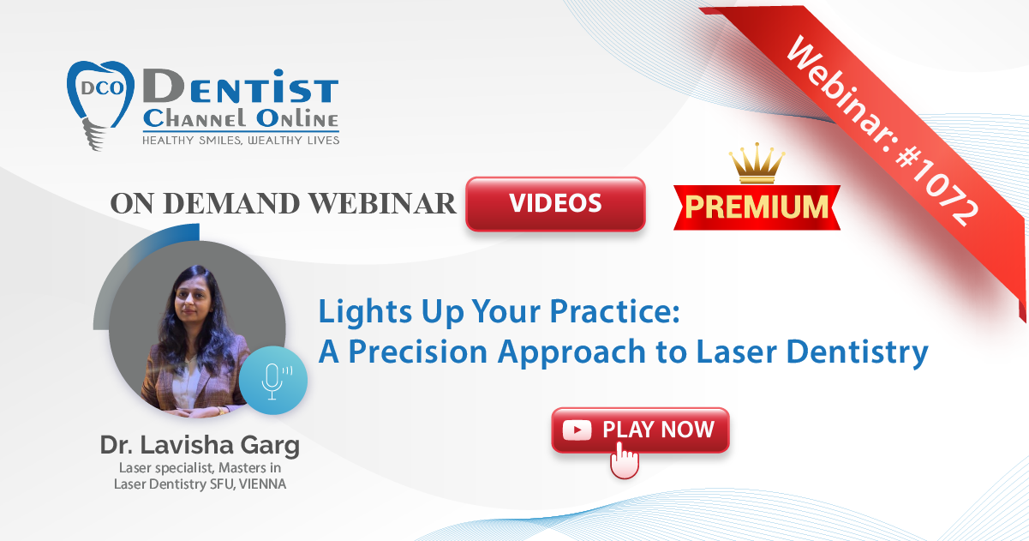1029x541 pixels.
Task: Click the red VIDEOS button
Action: pyautogui.click(x=555, y=203)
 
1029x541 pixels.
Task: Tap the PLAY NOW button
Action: pyautogui.click(x=640, y=430)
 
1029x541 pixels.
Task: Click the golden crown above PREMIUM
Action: pyautogui.click(x=757, y=163)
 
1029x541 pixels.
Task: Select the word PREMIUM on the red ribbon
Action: pyautogui.click(x=757, y=207)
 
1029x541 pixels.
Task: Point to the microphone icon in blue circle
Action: pyautogui.click(x=273, y=381)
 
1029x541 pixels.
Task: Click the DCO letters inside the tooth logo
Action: pyautogui.click(x=103, y=87)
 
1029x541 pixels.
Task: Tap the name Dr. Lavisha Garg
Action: pyautogui.click(x=200, y=445)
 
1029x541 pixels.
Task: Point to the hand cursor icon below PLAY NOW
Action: pyautogui.click(x=625, y=460)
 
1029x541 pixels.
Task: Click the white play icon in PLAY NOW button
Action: pyautogui.click(x=577, y=430)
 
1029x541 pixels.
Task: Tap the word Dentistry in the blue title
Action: pyautogui.click(x=857, y=352)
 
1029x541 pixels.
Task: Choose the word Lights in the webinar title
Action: pyautogui.click(x=365, y=312)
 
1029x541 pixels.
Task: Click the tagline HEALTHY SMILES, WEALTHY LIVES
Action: pyautogui.click(x=241, y=141)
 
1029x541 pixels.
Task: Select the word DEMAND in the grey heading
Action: pyautogui.click(x=231, y=203)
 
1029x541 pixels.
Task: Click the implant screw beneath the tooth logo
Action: pyautogui.click(x=94, y=135)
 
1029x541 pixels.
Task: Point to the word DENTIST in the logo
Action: pyautogui.click(x=241, y=87)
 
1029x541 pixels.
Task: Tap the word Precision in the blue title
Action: pyautogui.click(x=417, y=352)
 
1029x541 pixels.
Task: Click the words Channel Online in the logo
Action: pyautogui.click(x=241, y=119)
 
